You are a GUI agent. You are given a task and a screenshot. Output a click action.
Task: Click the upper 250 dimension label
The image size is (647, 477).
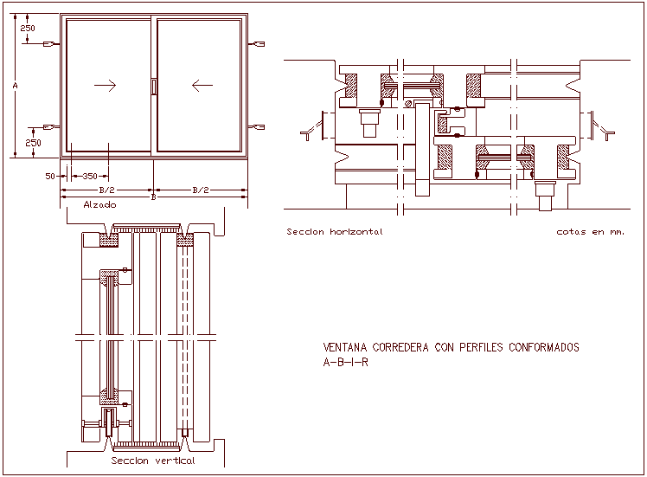coord(29,28)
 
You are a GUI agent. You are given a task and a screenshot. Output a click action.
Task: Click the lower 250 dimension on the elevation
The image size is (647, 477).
coord(33,142)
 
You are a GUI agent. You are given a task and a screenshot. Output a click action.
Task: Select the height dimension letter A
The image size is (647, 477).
coord(16,87)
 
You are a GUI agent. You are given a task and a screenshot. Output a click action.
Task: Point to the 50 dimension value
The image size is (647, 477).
coord(50,176)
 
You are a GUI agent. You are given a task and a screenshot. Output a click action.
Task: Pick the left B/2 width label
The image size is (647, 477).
coord(107,190)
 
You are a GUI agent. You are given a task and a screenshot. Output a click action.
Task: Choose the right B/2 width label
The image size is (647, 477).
coord(200,190)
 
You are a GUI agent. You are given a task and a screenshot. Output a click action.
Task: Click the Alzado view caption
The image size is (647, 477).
coord(99,205)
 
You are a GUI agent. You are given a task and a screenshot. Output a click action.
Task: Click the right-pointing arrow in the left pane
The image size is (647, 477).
coord(106,85)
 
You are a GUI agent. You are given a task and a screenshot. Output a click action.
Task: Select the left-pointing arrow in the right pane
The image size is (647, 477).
coord(202,85)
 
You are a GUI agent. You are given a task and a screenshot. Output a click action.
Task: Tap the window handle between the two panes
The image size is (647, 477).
coord(154,86)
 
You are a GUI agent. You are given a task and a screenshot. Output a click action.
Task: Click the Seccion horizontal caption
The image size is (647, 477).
coord(334,232)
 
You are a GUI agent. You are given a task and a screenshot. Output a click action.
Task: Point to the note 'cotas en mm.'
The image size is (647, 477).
coord(590,232)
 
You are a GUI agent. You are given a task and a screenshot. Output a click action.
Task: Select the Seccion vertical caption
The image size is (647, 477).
coord(153,461)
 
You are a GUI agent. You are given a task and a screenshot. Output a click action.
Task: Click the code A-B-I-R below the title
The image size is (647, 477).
coord(345,362)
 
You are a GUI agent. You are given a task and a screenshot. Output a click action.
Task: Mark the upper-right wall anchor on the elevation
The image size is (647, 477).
coord(257,43)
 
